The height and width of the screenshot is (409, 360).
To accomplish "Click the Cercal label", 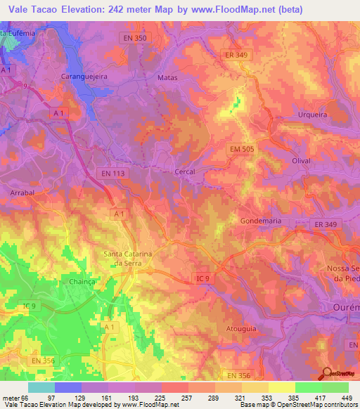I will pyautogui.click(x=184, y=171).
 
